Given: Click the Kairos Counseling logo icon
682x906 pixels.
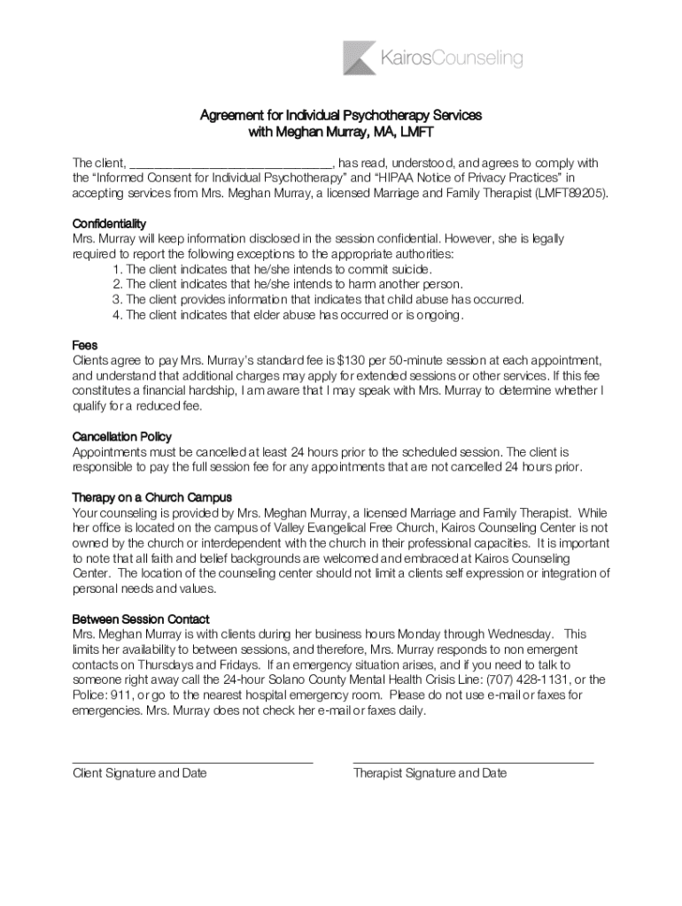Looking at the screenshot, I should [x=360, y=58].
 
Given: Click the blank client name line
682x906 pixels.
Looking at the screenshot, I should [x=231, y=165].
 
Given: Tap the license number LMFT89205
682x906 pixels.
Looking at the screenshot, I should [x=572, y=193].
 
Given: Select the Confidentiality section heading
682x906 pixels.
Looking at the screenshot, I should [x=109, y=223].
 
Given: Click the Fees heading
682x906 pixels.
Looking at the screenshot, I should [x=84, y=345].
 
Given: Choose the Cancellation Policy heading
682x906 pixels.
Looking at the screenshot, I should [x=121, y=437].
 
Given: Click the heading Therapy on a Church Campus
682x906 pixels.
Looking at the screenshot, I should [x=151, y=497].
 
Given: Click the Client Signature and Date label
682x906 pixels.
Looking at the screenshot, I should [x=139, y=773].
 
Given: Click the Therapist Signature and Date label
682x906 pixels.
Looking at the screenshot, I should [x=430, y=773].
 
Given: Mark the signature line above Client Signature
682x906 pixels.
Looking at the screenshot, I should [x=192, y=762].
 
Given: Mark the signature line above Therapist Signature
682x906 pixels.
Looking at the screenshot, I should [x=473, y=762].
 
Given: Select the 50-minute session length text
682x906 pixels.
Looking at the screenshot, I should [x=425, y=361].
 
